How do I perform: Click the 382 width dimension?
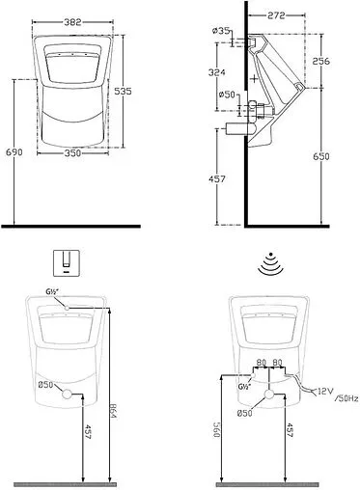click(72, 22)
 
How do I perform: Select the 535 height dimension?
click(124, 92)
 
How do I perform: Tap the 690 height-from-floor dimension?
click(14, 151)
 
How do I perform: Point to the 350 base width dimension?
click(72, 153)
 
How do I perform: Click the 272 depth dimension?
click(276, 15)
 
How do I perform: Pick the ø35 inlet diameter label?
click(221, 31)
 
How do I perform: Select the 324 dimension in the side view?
click(216, 72)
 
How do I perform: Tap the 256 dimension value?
click(321, 61)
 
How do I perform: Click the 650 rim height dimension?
click(321, 156)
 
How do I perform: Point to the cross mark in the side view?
click(254, 78)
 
